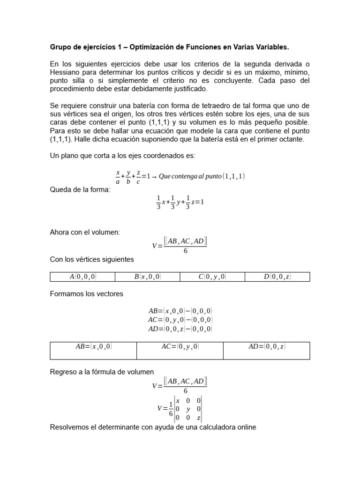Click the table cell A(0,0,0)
tap(82, 277)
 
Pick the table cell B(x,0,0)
tap(147, 277)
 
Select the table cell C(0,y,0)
tap(212, 277)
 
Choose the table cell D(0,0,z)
tap(277, 277)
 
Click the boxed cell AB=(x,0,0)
tap(93, 347)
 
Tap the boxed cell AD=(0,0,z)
tap(266, 347)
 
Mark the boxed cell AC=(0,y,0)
tap(180, 347)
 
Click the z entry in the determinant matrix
tap(199, 418)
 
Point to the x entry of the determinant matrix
tap(178, 400)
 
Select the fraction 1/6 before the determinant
tap(171, 409)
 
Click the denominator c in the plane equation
tap(138, 182)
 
